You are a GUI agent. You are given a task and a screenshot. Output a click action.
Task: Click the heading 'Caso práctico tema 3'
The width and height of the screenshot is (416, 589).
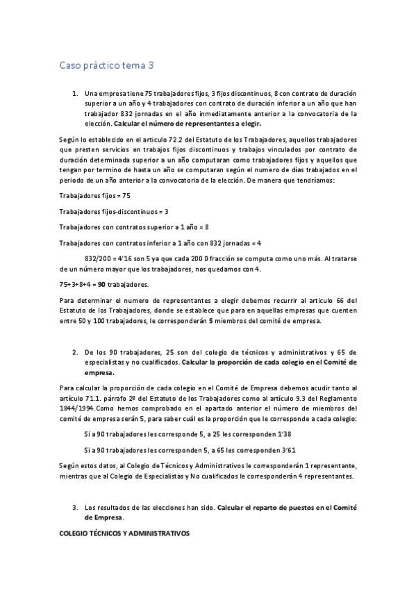pos(106,67)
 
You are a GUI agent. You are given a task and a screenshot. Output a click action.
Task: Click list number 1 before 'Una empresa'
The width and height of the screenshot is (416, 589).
pos(75,93)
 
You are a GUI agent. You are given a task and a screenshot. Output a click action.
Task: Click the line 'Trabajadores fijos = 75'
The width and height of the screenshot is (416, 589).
pos(95,196)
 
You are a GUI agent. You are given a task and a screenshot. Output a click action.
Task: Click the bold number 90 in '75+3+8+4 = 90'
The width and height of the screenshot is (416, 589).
pos(101,284)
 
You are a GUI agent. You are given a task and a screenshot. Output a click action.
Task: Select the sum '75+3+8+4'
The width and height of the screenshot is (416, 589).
pos(75,284)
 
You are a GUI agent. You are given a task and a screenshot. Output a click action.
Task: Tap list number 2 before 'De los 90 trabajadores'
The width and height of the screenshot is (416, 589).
pos(75,352)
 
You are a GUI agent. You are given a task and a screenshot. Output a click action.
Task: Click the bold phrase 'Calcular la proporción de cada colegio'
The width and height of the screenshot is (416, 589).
pos(269,362)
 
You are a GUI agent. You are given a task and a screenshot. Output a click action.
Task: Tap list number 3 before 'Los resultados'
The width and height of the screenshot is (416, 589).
pos(75,508)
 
